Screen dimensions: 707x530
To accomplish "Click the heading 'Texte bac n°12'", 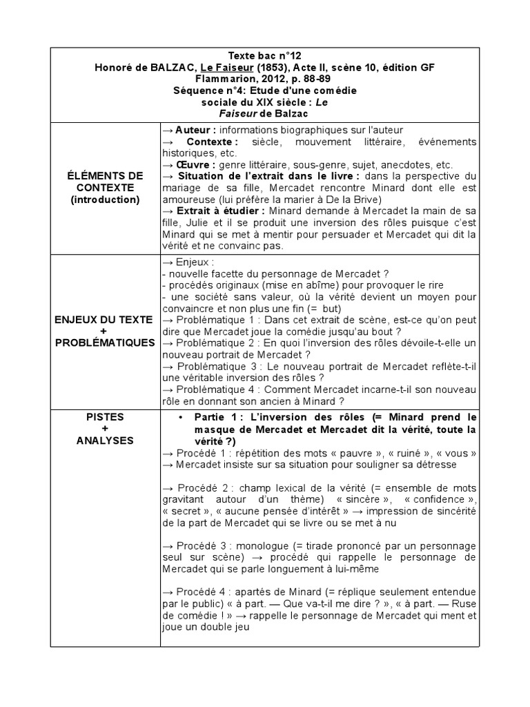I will tap(264, 55).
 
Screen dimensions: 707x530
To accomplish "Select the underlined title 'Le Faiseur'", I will tap(222, 67).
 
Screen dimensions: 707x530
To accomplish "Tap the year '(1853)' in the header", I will tap(266, 67).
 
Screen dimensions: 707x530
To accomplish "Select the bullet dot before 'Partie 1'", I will tap(180, 418).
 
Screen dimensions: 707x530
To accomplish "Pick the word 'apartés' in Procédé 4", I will tap(243, 592).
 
